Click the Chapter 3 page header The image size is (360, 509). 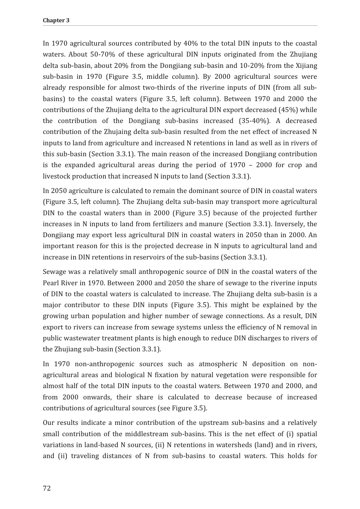[x=56, y=21]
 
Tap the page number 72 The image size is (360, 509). [x=47, y=488]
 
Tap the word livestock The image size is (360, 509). [x=56, y=176]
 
